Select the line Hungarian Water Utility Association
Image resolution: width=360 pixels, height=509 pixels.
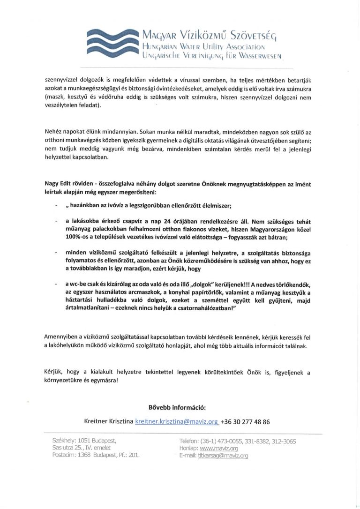click(x=205, y=47)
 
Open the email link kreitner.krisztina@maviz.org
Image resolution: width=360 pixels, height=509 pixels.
click(x=177, y=421)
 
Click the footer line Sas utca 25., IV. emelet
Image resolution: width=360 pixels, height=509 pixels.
click(x=81, y=448)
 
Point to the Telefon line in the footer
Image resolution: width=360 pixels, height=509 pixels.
click(x=237, y=441)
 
